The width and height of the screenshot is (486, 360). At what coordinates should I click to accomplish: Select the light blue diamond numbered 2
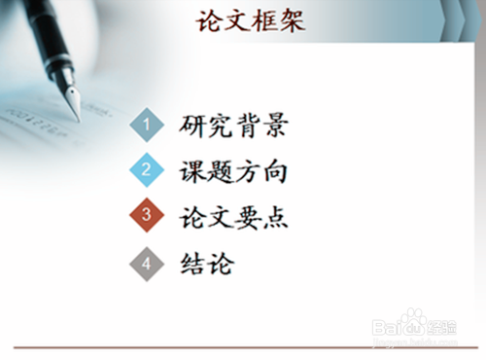pyautogui.click(x=147, y=170)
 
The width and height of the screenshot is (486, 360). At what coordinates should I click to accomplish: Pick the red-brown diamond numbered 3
pyautogui.click(x=147, y=216)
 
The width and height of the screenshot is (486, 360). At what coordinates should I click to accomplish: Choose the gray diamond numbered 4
pyautogui.click(x=147, y=263)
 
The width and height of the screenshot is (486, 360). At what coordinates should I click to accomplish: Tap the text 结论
pyautogui.click(x=207, y=263)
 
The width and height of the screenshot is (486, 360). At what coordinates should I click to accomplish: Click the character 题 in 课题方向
pyautogui.click(x=221, y=171)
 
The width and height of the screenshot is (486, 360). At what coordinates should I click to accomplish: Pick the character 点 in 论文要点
pyautogui.click(x=275, y=217)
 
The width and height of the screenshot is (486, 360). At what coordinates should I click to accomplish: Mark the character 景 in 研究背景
pyautogui.click(x=275, y=125)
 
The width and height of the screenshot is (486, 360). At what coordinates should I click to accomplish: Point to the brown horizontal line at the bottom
pyautogui.click(x=243, y=346)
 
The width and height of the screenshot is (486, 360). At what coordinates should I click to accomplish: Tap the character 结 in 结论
pyautogui.click(x=193, y=263)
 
